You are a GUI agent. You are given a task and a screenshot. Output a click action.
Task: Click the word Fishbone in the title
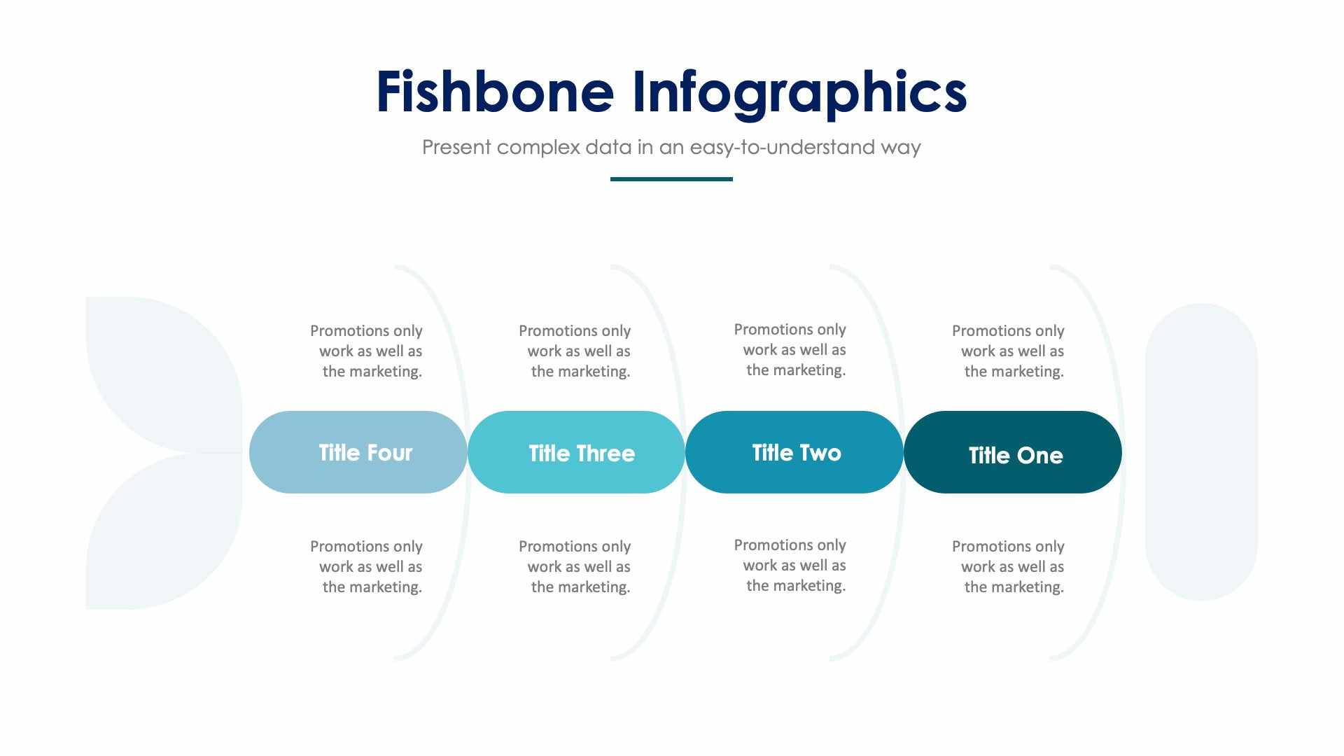[x=495, y=92]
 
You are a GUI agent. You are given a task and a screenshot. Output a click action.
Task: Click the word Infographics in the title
[x=799, y=93]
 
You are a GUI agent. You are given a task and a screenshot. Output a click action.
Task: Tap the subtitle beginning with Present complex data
[x=671, y=147]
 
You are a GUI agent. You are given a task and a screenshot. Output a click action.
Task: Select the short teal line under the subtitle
[x=671, y=179]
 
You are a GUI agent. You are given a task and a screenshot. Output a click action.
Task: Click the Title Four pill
[x=358, y=452]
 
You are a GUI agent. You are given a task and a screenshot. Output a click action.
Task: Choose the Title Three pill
[x=576, y=452]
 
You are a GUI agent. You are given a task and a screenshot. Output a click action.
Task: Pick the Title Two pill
[x=794, y=452]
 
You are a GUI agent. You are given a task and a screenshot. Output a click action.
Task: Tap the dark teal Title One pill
[x=1012, y=452]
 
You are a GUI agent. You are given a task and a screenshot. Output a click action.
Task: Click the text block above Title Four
[x=367, y=351]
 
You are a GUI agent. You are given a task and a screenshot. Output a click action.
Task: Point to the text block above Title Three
[x=575, y=351]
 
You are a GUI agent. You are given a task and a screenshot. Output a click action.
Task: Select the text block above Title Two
[x=791, y=349]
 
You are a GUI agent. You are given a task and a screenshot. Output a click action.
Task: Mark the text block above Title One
[x=1009, y=351]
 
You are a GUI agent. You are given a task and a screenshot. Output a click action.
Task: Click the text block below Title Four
[x=367, y=566]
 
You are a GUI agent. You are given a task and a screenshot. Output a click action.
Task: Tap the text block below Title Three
[x=575, y=566]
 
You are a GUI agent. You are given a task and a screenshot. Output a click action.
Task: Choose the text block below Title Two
[x=791, y=565]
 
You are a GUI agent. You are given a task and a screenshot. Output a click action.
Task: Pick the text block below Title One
[x=1009, y=566]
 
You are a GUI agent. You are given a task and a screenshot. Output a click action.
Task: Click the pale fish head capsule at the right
[x=1201, y=452]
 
